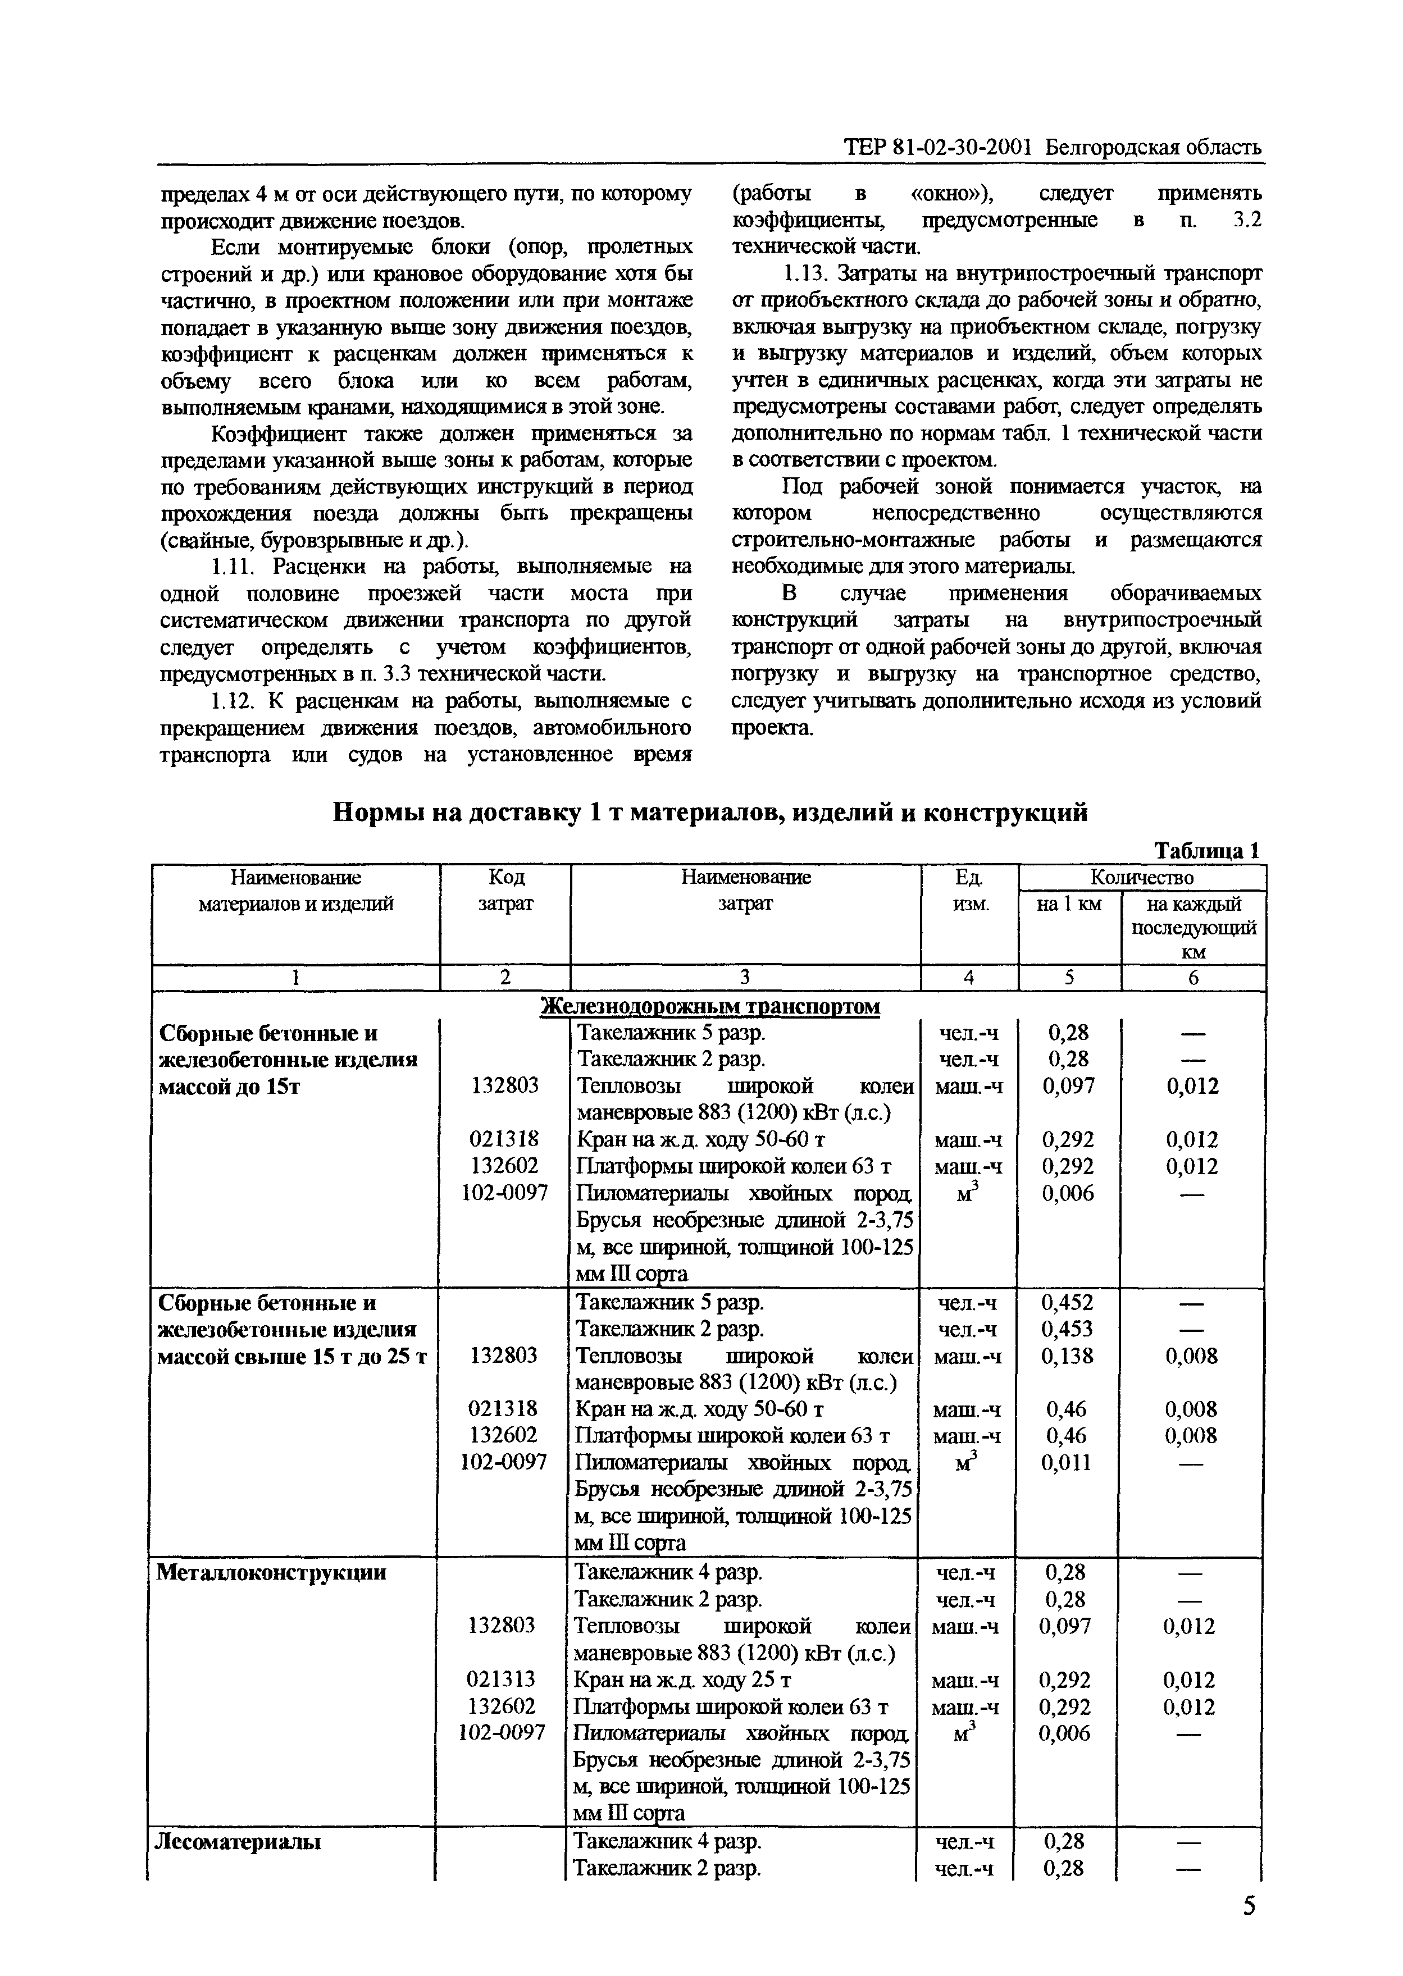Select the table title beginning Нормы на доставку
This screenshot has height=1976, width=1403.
pyautogui.click(x=710, y=812)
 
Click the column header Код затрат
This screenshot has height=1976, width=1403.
pyautogui.click(x=505, y=891)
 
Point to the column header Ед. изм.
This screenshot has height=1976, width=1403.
pyautogui.click(x=969, y=891)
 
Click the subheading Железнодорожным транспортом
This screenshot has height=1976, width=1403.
pyautogui.click(x=710, y=1006)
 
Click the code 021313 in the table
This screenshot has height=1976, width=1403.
pyautogui.click(x=501, y=1679)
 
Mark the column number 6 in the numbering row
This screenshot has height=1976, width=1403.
pyautogui.click(x=1193, y=977)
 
